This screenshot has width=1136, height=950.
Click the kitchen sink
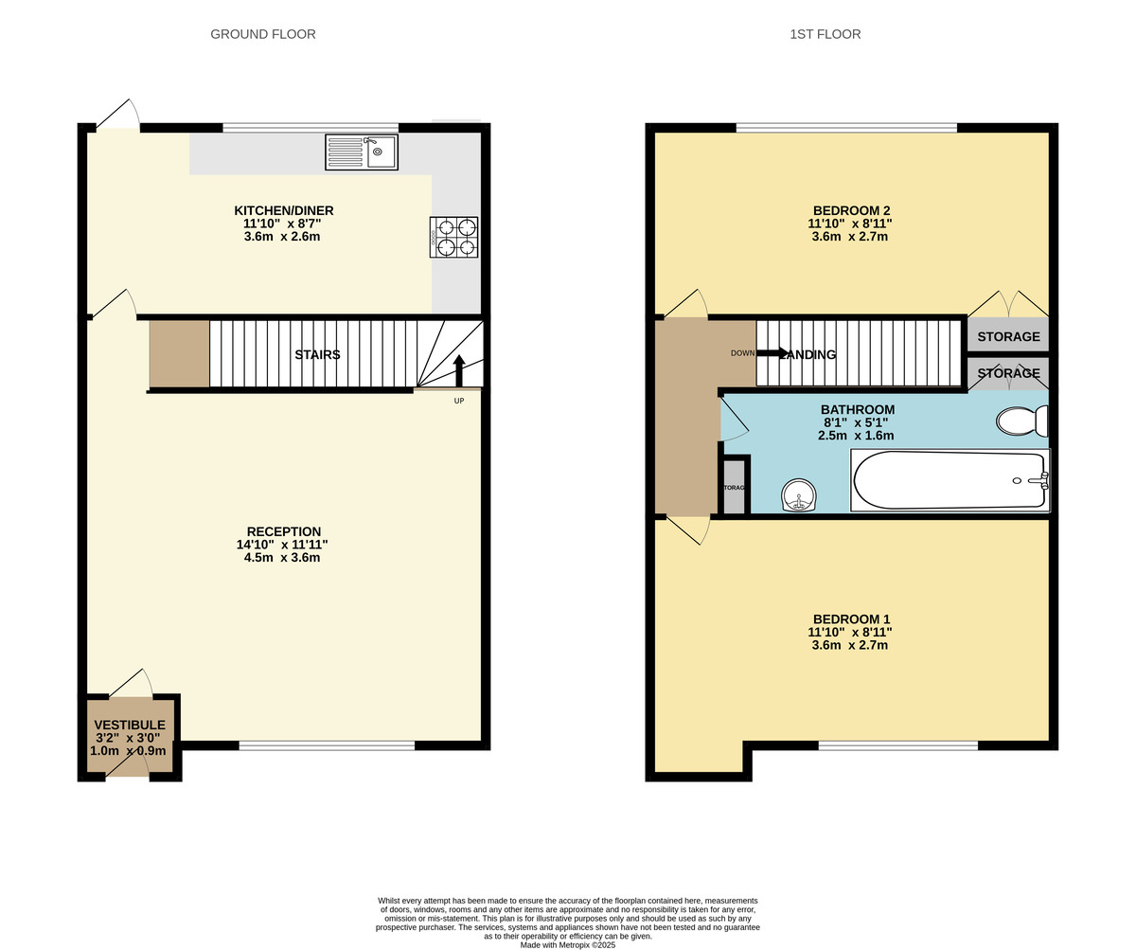click(362, 152)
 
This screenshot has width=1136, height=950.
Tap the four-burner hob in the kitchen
click(453, 237)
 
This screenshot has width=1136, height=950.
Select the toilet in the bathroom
click(1021, 421)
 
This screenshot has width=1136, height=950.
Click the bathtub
click(950, 480)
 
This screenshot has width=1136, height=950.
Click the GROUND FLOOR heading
click(263, 34)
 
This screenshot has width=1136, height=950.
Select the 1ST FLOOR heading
click(825, 34)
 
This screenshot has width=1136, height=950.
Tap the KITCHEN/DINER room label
click(283, 210)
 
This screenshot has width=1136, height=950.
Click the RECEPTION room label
click(283, 531)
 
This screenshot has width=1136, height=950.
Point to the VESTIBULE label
click(129, 725)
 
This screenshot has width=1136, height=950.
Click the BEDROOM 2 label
click(851, 210)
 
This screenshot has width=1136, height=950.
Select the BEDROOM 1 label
click(851, 618)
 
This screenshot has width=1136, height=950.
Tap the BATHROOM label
click(857, 409)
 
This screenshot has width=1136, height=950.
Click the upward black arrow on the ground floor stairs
click(459, 370)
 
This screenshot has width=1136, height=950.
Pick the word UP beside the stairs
click(459, 401)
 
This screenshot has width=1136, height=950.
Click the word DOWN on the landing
click(742, 353)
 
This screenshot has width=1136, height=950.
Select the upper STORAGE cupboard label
click(1008, 336)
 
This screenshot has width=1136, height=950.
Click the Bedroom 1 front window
click(897, 745)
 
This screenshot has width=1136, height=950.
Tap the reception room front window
click(327, 745)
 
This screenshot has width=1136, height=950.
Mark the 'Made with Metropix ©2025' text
click(568, 944)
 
